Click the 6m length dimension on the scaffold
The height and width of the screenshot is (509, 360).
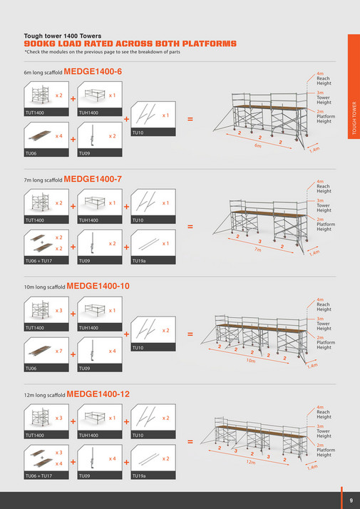click(x=258, y=145)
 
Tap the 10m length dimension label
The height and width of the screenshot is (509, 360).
click(x=251, y=361)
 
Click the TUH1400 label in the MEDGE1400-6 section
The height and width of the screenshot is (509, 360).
click(x=89, y=113)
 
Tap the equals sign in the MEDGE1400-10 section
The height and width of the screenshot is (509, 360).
click(x=190, y=334)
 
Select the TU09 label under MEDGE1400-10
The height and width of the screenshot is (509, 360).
click(x=85, y=369)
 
